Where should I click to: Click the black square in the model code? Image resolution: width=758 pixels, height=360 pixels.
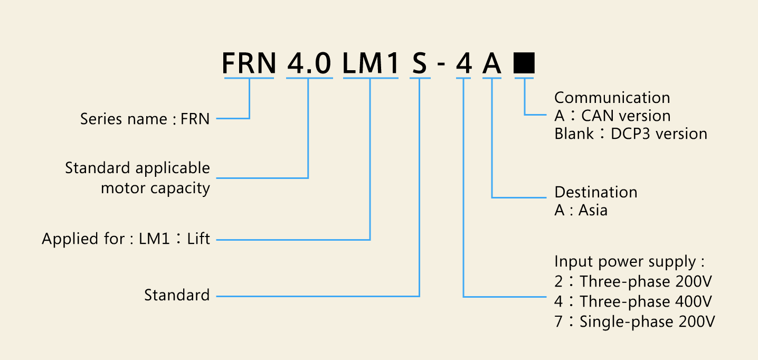click(524, 63)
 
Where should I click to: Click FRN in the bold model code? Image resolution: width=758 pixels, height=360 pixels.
click(249, 63)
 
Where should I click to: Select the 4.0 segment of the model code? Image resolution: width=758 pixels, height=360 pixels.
click(309, 63)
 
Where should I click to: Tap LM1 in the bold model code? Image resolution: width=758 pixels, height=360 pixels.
click(371, 63)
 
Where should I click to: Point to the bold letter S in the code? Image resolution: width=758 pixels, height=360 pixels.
click(420, 63)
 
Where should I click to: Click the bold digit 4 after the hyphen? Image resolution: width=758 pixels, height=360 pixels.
click(463, 63)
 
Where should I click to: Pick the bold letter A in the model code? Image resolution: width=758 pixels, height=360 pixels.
click(491, 63)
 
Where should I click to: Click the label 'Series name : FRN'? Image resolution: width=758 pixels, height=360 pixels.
click(145, 119)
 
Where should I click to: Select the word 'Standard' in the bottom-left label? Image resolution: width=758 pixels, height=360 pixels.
click(177, 295)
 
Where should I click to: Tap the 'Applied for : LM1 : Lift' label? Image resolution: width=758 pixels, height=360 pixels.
click(126, 238)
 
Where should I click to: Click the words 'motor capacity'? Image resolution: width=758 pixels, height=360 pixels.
click(155, 188)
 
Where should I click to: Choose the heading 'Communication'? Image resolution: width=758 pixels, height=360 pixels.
click(612, 98)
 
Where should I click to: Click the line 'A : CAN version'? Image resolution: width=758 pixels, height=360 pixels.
click(612, 116)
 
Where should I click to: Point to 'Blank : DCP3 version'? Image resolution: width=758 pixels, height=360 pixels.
click(631, 134)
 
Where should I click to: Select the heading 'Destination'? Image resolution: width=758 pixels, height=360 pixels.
click(596, 192)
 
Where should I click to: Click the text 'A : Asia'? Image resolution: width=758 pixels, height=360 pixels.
click(581, 210)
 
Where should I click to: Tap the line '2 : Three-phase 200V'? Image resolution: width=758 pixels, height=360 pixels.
click(633, 281)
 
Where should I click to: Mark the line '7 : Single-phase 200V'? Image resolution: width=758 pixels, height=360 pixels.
click(634, 321)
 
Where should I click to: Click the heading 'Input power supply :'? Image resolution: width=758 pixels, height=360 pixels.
click(629, 261)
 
